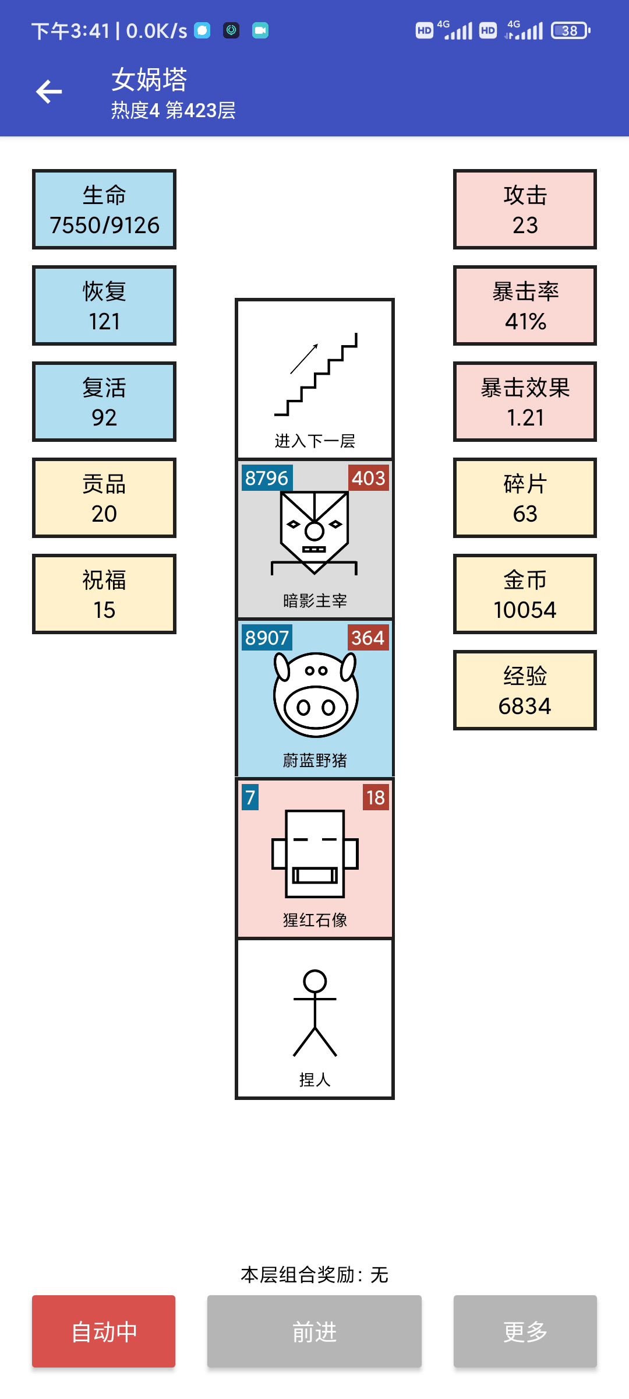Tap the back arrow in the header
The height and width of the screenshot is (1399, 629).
tap(49, 92)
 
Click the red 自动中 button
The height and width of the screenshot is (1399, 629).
tap(104, 1331)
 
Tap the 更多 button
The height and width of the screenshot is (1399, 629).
tap(525, 1331)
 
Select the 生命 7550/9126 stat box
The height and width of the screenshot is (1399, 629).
tap(104, 210)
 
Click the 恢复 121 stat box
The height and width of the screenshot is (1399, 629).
tap(104, 306)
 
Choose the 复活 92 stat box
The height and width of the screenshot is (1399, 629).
tap(104, 402)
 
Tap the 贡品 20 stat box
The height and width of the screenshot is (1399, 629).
tap(104, 498)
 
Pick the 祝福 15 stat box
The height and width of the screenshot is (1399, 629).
tap(104, 595)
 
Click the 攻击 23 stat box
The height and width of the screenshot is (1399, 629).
tap(525, 210)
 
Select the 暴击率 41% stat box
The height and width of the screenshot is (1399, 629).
tap(525, 306)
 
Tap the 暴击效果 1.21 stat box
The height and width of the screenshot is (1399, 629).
tap(525, 402)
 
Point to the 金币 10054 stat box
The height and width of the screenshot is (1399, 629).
tap(525, 595)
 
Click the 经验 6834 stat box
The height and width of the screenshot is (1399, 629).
tap(525, 691)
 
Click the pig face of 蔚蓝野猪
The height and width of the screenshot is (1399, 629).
tap(315, 694)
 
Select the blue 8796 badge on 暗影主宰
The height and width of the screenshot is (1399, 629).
tap(267, 478)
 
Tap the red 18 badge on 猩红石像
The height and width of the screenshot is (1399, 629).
tap(376, 797)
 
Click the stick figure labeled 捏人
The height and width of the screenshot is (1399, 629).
tap(315, 1013)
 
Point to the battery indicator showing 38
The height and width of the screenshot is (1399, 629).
tap(570, 30)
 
